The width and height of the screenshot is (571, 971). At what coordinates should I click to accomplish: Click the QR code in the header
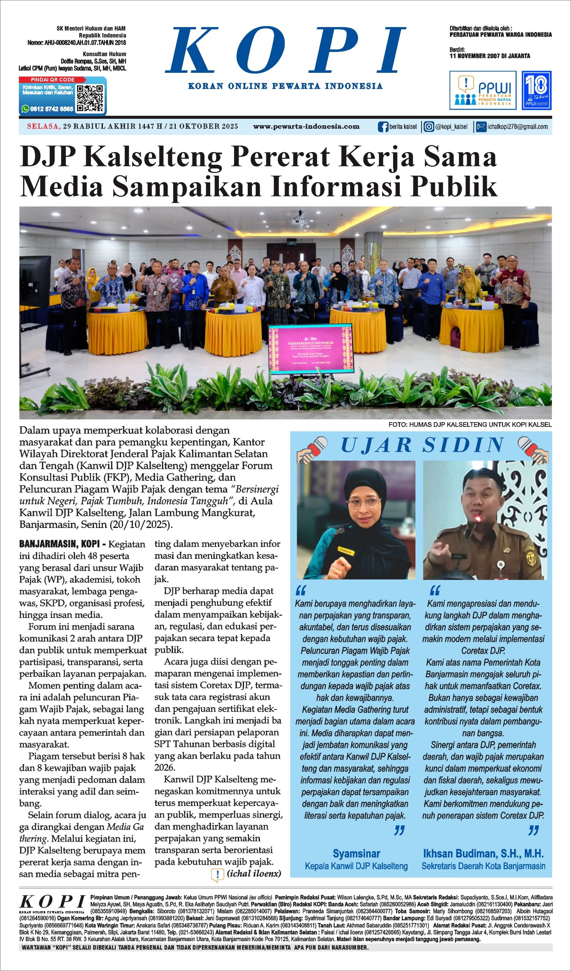[90, 98]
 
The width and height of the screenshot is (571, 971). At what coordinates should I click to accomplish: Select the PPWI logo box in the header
[482, 90]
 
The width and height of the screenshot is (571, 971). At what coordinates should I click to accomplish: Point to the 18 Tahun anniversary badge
[536, 90]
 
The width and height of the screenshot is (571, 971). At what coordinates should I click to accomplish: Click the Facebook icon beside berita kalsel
[383, 127]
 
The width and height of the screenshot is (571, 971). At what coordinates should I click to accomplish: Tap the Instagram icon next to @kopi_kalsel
[429, 127]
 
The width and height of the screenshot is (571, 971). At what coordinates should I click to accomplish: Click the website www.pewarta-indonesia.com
[306, 126]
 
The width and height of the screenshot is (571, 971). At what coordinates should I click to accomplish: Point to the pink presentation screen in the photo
[310, 349]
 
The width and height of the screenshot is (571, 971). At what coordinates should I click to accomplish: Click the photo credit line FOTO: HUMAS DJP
[470, 424]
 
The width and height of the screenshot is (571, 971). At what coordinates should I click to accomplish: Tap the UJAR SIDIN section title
[422, 445]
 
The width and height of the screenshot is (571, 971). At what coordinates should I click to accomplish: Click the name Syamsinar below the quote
[356, 853]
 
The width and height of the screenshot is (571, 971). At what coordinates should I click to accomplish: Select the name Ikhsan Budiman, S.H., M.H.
[483, 853]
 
